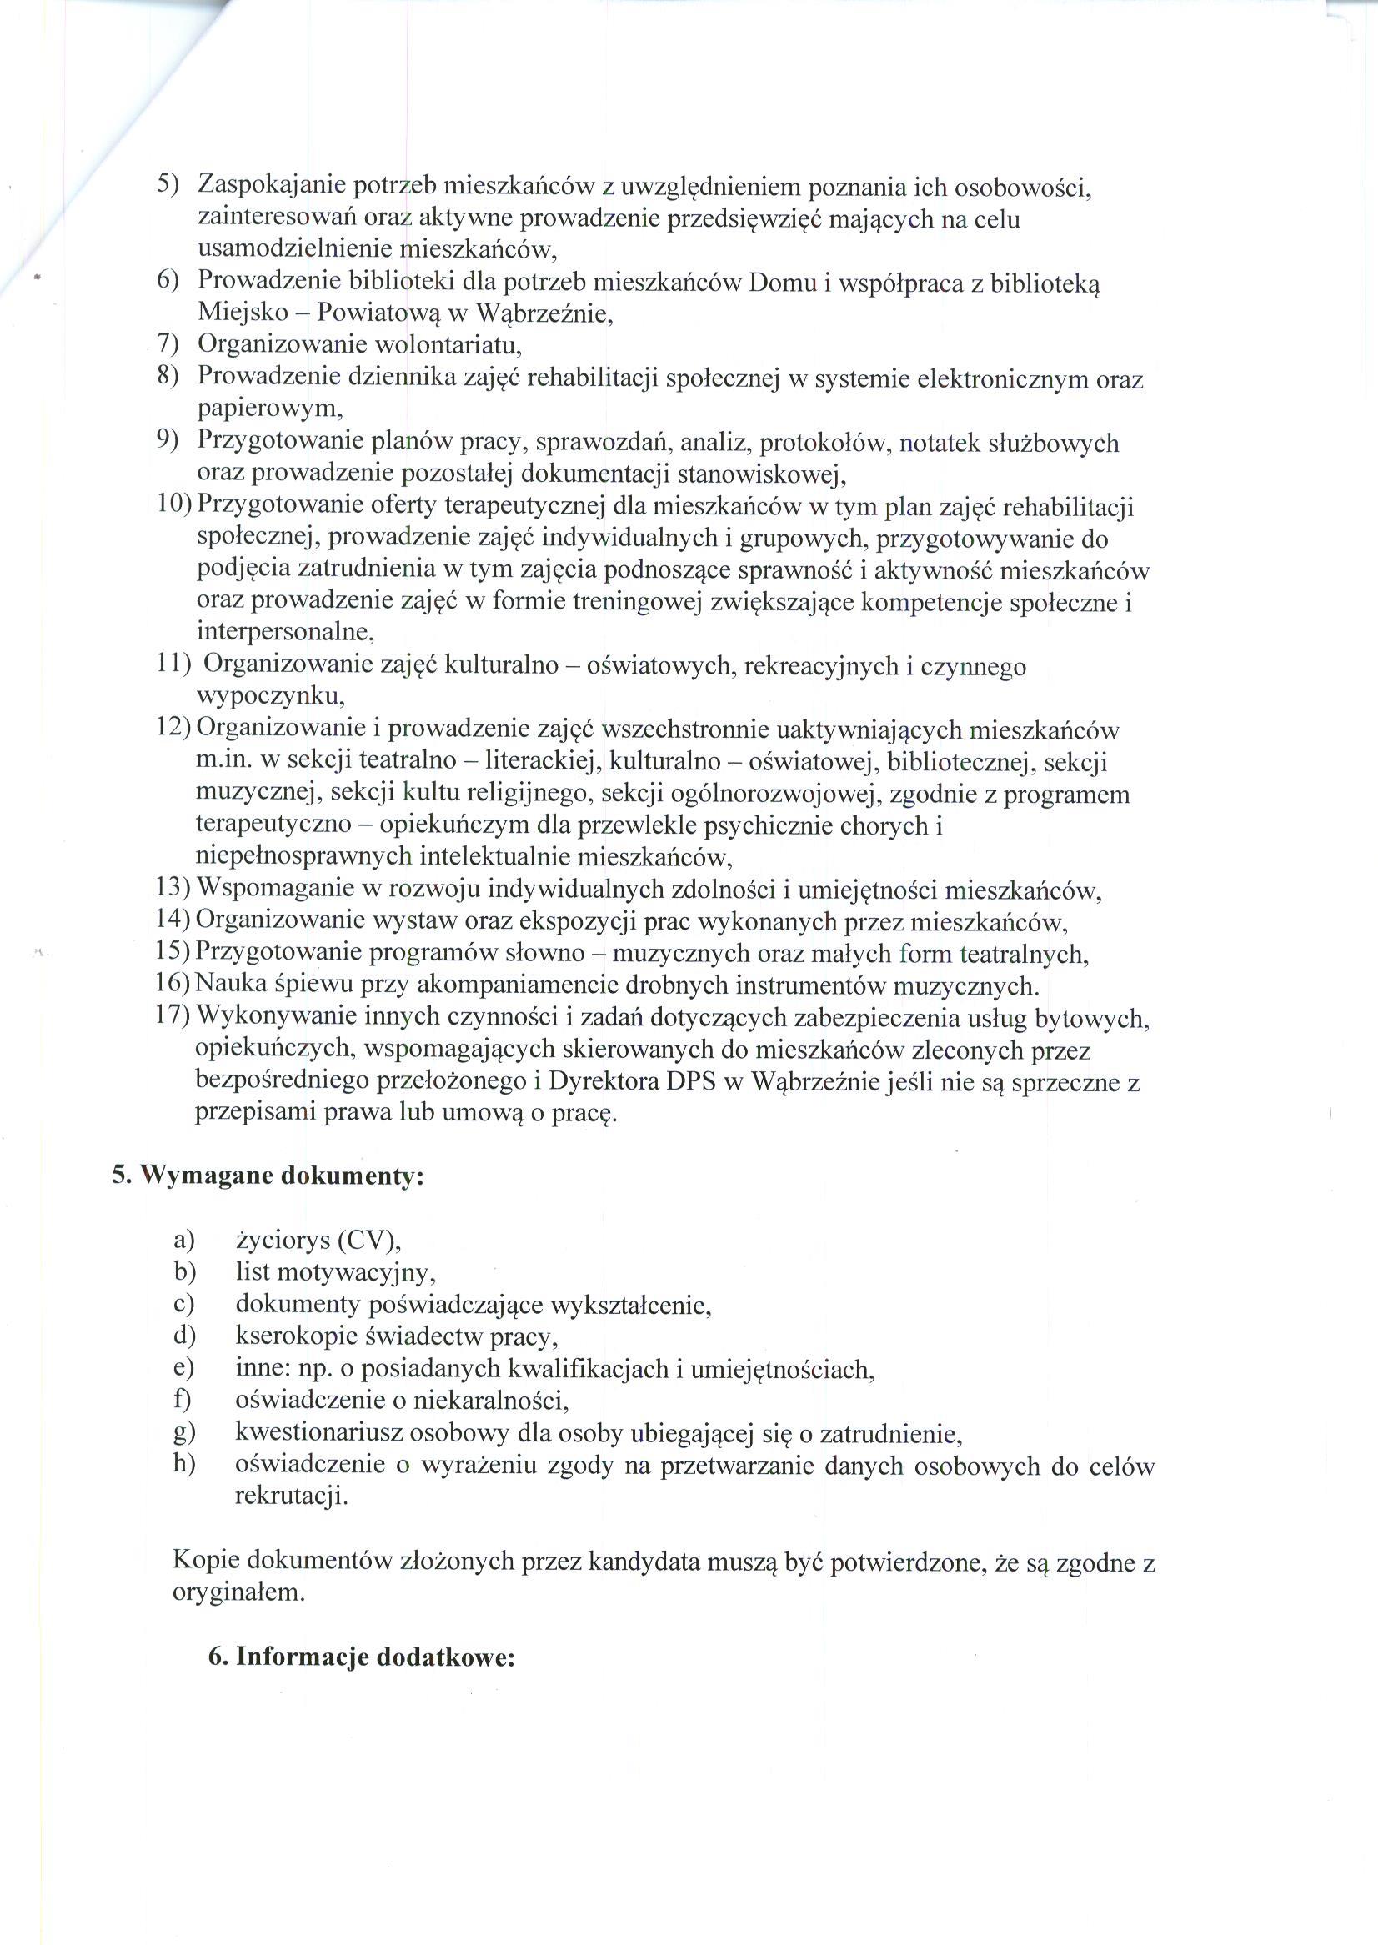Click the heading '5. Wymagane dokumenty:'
click(268, 1176)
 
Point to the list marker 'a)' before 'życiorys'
click(184, 1241)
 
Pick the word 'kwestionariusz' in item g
click(319, 1433)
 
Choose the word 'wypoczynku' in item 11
click(270, 698)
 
